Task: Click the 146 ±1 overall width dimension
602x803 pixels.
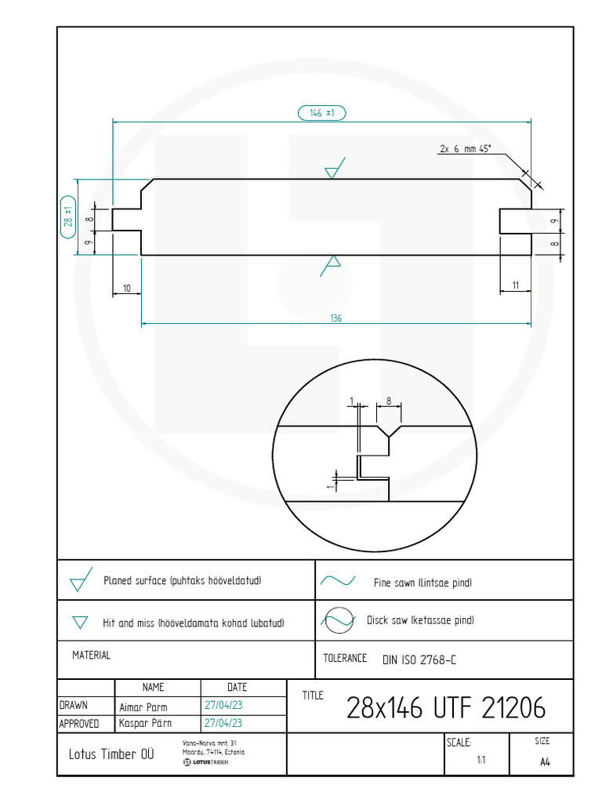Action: [322, 113]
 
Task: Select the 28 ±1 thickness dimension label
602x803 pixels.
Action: [68, 217]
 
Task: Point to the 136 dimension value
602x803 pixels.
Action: [335, 318]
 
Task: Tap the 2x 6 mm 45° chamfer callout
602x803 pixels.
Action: [466, 148]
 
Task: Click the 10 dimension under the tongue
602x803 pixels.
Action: [127, 289]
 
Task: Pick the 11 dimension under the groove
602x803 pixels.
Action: [516, 285]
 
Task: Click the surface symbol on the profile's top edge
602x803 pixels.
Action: [335, 168]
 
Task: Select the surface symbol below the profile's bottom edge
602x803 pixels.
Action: [331, 266]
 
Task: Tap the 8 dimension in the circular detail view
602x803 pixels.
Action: [389, 401]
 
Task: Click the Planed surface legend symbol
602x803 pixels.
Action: [81, 580]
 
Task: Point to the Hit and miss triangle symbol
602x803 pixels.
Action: [80, 622]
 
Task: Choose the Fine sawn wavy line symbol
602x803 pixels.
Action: [338, 581]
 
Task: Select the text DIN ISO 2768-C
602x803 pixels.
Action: [419, 660]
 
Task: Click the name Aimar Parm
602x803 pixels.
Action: [143, 707]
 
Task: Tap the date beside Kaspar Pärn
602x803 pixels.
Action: [223, 723]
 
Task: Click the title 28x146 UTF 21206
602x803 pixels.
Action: [446, 708]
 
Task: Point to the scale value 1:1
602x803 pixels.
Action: [481, 760]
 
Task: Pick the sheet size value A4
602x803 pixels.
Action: [545, 762]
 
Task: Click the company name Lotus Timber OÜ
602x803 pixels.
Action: [111, 754]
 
